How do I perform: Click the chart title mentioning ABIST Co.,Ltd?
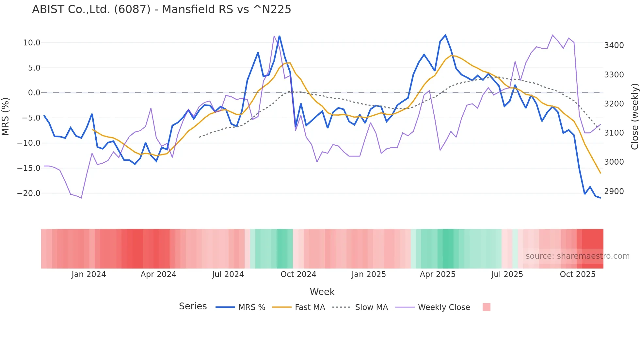click(161, 9)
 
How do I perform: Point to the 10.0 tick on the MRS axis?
click(32, 43)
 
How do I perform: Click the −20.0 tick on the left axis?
click(29, 193)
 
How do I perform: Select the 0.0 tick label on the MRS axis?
click(34, 93)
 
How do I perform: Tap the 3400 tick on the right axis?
click(614, 45)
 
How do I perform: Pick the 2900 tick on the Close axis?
click(614, 191)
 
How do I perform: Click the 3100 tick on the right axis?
click(614, 133)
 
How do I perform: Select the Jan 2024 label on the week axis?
click(88, 274)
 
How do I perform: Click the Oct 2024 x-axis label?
click(298, 274)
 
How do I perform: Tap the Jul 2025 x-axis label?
click(507, 274)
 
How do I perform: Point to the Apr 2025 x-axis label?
click(438, 274)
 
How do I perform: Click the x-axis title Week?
click(322, 292)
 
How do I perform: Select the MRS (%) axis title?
click(6, 117)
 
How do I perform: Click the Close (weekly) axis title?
click(634, 117)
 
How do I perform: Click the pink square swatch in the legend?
click(486, 307)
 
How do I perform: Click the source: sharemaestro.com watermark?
click(577, 256)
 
